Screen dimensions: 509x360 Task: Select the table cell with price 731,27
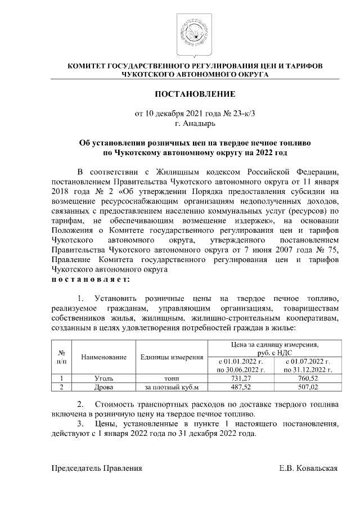click(241, 379)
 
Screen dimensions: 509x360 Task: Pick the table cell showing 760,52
click(307, 379)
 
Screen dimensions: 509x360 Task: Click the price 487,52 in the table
click(241, 388)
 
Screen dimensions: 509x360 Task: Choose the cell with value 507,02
click(307, 388)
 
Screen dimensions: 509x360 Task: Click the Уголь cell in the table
click(104, 379)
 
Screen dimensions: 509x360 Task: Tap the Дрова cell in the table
click(104, 388)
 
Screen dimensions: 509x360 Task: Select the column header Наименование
click(104, 357)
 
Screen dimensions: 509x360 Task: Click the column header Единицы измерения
click(172, 357)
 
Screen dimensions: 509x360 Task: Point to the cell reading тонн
click(172, 379)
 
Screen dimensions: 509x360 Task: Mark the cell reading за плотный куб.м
click(172, 388)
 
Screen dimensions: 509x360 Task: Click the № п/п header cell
click(61, 357)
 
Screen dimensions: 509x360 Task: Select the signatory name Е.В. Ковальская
click(309, 468)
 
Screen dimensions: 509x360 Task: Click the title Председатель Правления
click(97, 468)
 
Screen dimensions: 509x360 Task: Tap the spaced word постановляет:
click(91, 278)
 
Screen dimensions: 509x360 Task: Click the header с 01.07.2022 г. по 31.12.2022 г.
click(307, 365)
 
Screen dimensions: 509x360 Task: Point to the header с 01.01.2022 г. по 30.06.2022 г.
click(241, 365)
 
